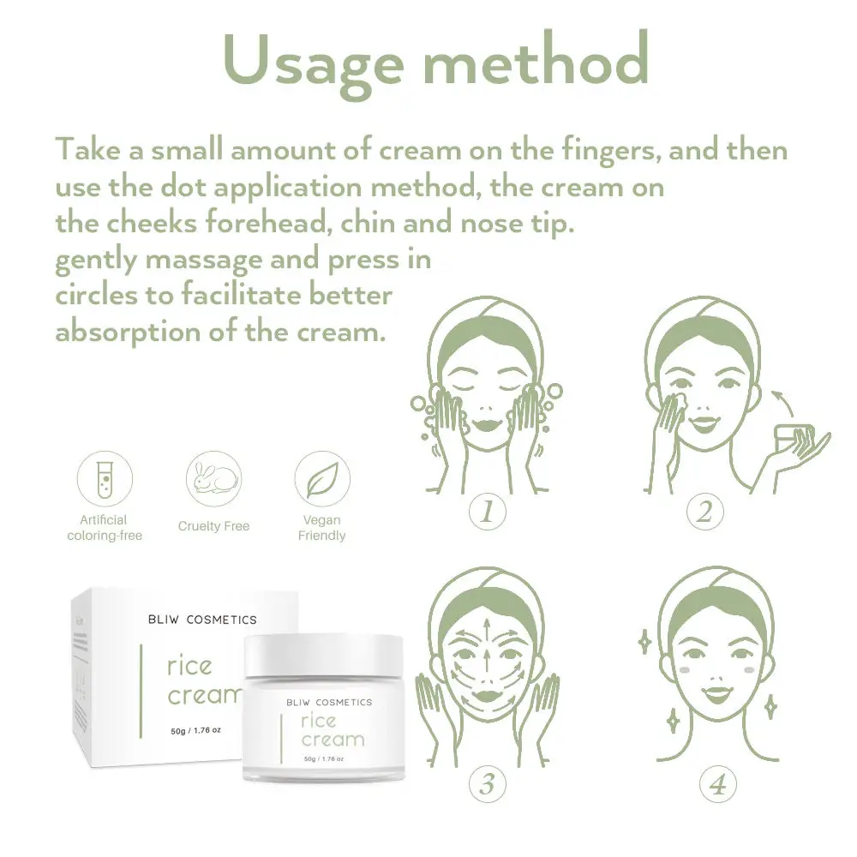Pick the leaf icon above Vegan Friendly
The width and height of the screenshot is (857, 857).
pos(322,480)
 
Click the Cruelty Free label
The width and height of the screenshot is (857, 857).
pos(213,526)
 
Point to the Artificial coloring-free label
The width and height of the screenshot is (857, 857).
pos(104,527)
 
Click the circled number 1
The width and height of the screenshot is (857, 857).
pos(486,512)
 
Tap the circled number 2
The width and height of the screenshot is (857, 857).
pos(704,512)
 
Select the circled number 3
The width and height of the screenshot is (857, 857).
pos(486,782)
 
